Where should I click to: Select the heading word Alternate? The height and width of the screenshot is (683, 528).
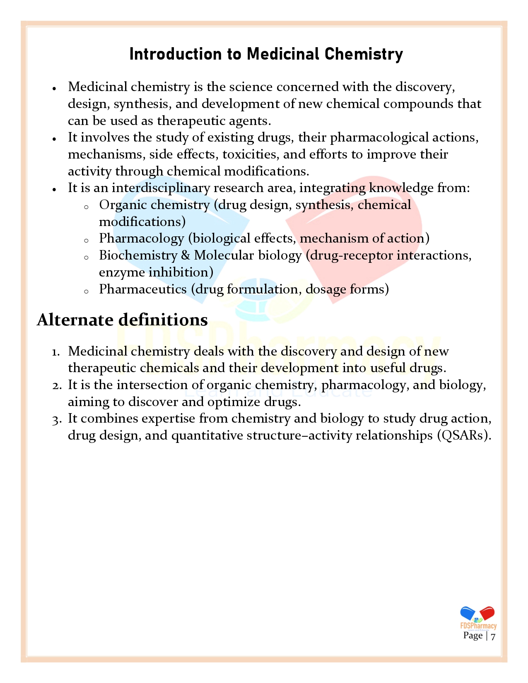click(75, 320)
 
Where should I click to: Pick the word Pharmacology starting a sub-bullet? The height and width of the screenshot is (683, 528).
click(141, 238)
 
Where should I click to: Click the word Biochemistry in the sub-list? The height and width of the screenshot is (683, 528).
click(138, 255)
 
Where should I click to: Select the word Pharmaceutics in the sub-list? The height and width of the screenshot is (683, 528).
click(142, 289)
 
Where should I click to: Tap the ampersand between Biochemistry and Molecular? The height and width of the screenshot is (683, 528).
click(186, 255)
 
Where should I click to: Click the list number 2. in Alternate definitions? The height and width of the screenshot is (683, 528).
click(57, 385)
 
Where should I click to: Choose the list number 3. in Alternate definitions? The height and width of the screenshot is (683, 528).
click(57, 419)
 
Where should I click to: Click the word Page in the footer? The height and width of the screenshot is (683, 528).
click(473, 636)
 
